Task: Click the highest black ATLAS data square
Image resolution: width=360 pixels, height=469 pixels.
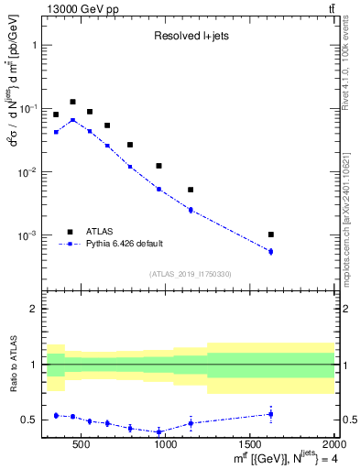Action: click(72, 102)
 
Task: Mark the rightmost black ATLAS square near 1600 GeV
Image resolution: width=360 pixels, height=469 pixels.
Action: click(271, 234)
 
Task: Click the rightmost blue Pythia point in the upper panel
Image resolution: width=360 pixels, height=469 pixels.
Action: click(271, 251)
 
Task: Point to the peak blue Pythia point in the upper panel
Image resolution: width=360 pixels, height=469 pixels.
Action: click(72, 120)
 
